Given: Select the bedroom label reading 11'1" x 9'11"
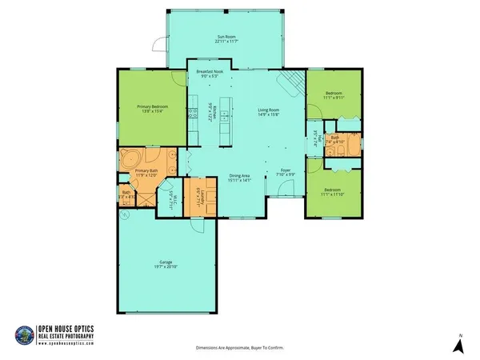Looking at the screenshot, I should pyautogui.click(x=334, y=95).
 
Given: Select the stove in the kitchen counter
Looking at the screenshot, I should pyautogui.click(x=193, y=114).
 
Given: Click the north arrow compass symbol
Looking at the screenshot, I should pyautogui.click(x=458, y=345).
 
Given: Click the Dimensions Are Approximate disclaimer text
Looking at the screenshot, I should pyautogui.click(x=240, y=349).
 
